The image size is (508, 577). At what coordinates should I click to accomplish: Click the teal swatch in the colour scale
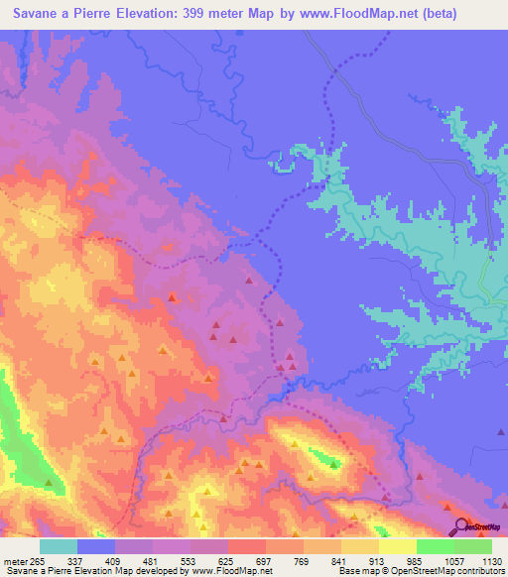pyautogui.click(x=59, y=546)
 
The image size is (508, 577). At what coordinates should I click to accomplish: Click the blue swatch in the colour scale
pyautogui.click(x=97, y=546)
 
